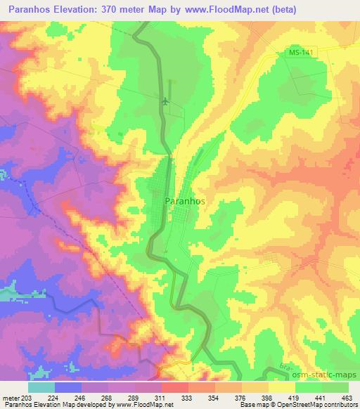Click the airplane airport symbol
pyautogui.click(x=165, y=101)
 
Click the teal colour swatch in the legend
pyautogui.click(x=41, y=387)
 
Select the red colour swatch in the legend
pyautogui.click(x=174, y=387)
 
